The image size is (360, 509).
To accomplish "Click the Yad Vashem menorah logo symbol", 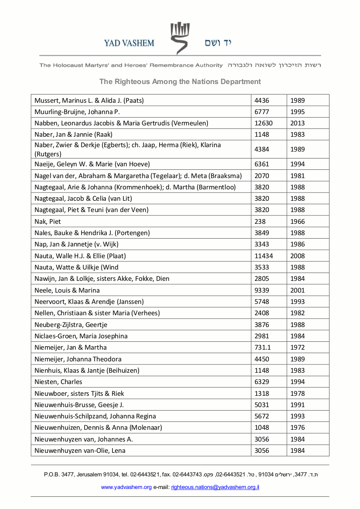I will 180,38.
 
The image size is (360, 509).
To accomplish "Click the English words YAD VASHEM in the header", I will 129,43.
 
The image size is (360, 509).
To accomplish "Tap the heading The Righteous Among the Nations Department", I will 180,81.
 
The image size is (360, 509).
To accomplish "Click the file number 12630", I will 264,123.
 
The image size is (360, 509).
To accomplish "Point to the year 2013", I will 298,123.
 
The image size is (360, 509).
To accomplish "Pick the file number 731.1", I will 263,347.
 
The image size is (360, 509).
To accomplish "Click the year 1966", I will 298,222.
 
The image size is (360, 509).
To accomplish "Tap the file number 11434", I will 264,256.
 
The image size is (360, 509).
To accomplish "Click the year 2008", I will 298,256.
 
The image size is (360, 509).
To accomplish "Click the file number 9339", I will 262,290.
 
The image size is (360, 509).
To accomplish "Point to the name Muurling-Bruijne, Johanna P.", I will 77,112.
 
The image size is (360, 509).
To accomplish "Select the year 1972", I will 298,347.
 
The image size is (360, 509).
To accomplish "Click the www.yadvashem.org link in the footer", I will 126,487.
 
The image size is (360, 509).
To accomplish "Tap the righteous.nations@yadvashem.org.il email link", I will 215,487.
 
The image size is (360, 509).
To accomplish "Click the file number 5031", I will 262,405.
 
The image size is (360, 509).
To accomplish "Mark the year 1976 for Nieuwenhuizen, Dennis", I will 298,428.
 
